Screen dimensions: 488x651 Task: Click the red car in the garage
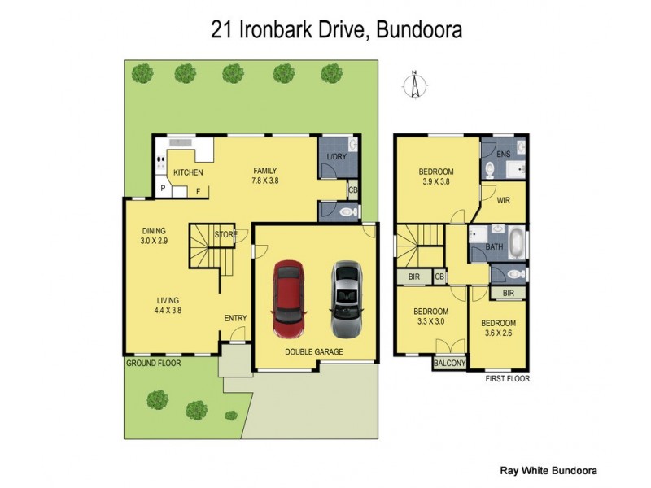click(288, 298)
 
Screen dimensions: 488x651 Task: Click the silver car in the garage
click(345, 298)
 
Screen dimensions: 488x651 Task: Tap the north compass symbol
click(415, 85)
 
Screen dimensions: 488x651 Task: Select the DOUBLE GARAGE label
click(314, 352)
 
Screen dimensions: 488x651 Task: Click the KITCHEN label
click(188, 172)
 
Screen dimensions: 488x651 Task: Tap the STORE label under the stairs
click(225, 235)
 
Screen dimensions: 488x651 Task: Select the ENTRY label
click(235, 318)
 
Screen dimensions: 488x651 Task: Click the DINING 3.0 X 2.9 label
click(154, 236)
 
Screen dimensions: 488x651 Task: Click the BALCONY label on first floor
click(451, 364)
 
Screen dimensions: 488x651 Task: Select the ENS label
click(504, 153)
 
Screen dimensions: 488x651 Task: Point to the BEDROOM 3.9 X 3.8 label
click(435, 176)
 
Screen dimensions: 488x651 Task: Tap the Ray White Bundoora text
click(547, 470)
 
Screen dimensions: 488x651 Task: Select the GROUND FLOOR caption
click(153, 363)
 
